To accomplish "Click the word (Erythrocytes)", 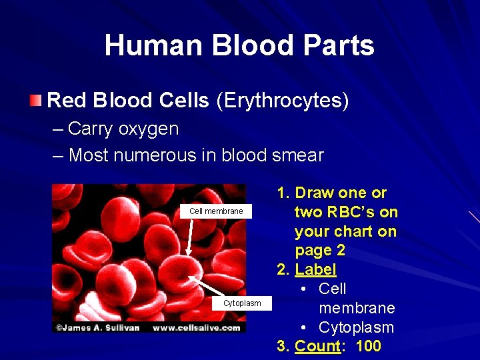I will click(283, 101).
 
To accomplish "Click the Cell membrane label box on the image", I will click(216, 211).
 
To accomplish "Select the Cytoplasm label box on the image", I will click(242, 303).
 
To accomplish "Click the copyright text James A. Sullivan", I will click(100, 327).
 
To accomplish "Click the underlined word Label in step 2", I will click(315, 269).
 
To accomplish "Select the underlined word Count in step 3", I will click(317, 346).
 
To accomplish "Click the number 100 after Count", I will click(369, 346).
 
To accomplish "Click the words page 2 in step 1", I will click(319, 251).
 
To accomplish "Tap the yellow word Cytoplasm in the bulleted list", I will click(356, 327).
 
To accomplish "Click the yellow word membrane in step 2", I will click(357, 308).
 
